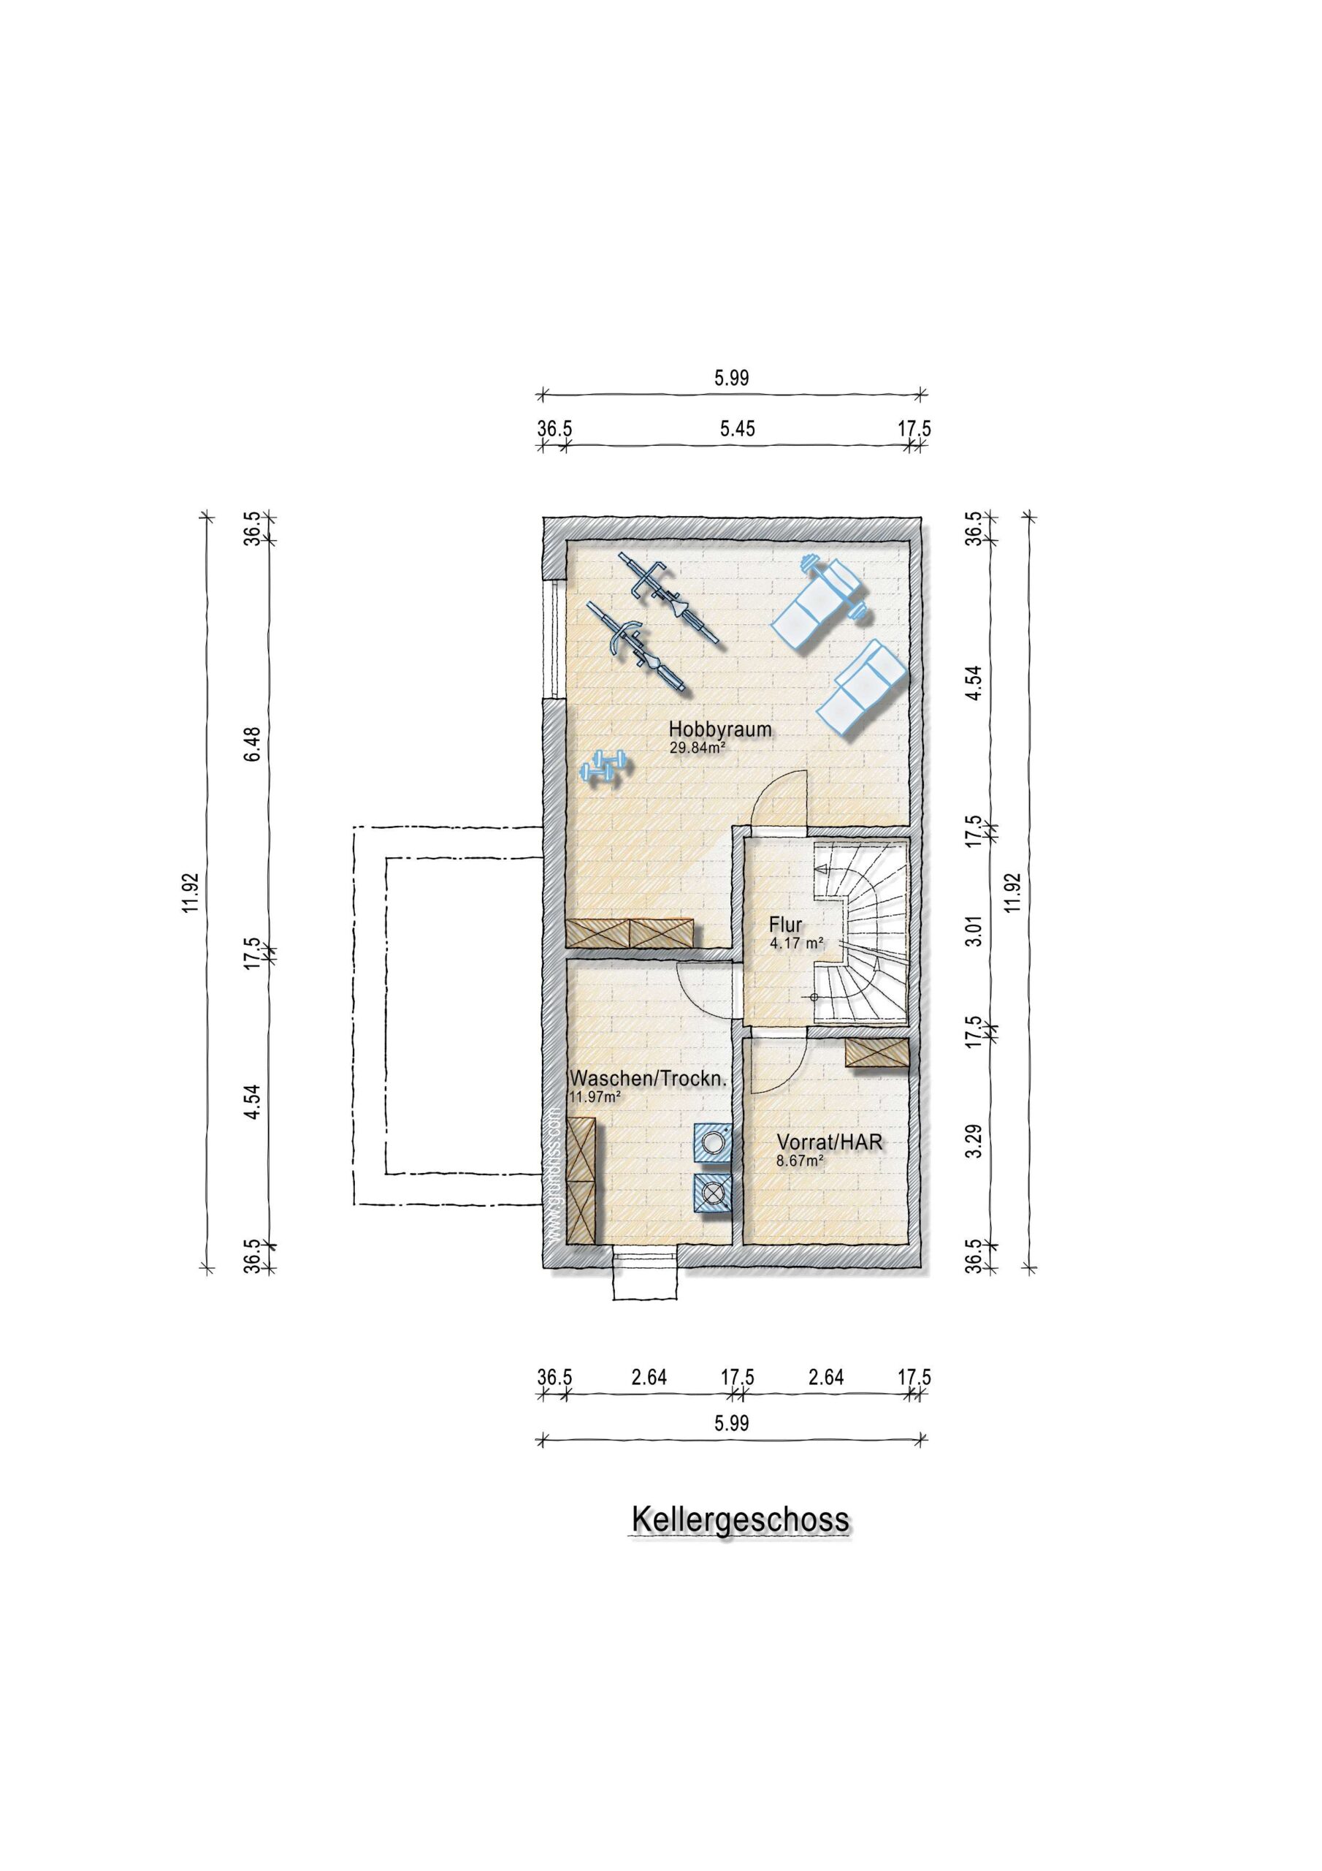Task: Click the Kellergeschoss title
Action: click(741, 1519)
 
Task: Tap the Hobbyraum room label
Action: click(720, 729)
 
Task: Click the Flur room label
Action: click(785, 925)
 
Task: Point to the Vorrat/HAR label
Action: click(829, 1142)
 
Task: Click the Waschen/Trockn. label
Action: click(648, 1079)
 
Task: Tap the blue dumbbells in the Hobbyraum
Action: click(603, 767)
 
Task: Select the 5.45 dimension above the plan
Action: click(737, 428)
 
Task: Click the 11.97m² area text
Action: click(595, 1097)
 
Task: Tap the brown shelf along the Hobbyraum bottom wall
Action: click(630, 933)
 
